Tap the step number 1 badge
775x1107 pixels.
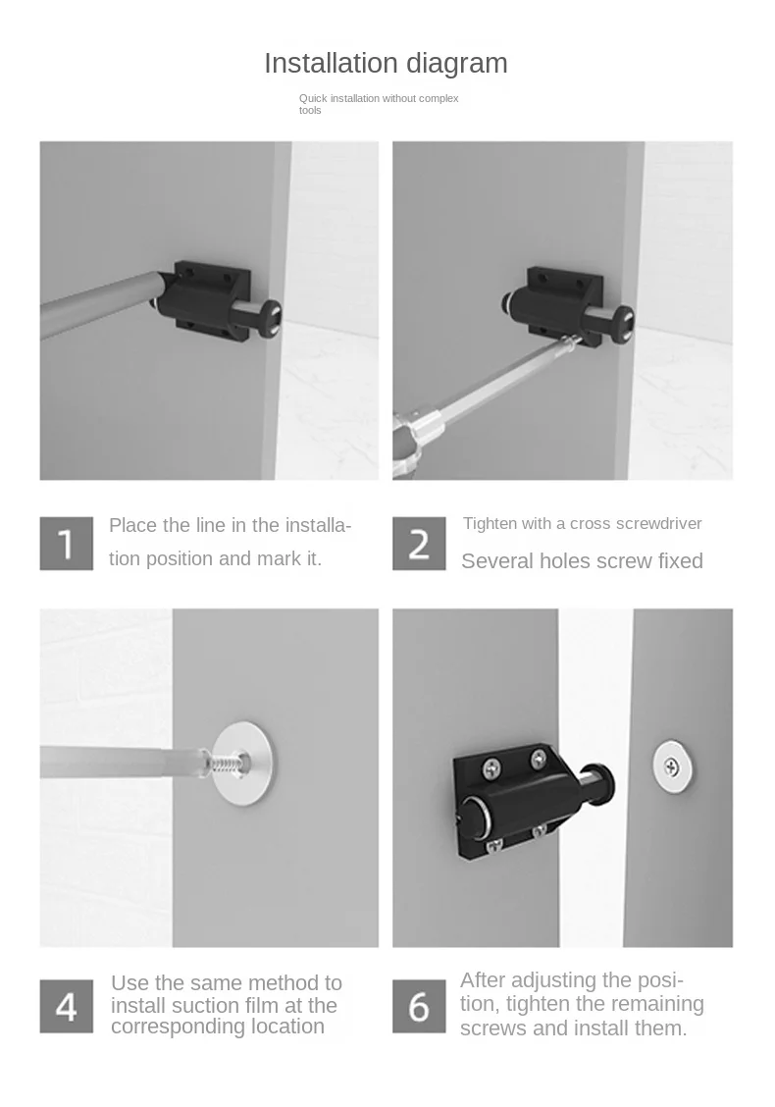[67, 544]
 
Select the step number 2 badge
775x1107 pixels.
[419, 544]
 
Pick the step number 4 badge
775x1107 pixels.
[67, 1006]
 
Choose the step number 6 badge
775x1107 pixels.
[419, 1006]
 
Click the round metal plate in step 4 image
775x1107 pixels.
[243, 762]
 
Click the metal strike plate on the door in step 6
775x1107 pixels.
[672, 766]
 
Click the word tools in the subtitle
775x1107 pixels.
[310, 111]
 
